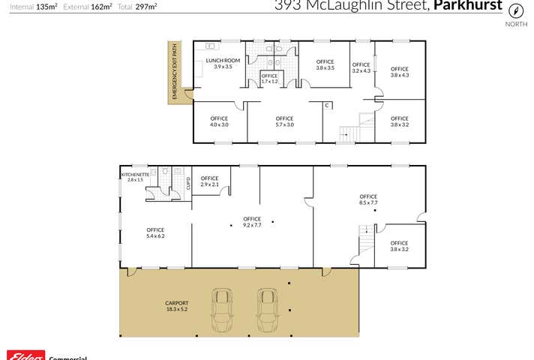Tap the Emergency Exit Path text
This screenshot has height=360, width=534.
tap(175, 72)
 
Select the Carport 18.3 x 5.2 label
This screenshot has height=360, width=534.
tap(176, 307)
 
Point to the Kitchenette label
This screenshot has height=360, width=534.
tap(135, 177)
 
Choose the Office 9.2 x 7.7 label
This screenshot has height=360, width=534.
tap(252, 221)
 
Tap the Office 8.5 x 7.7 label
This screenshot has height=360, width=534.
tap(367, 199)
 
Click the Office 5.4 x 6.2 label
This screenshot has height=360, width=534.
tap(155, 232)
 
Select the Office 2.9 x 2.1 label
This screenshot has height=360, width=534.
tap(209, 181)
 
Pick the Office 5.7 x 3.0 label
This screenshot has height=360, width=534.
tap(284, 121)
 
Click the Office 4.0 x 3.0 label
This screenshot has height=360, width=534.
tap(219, 121)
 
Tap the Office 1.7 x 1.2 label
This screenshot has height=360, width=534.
tap(269, 78)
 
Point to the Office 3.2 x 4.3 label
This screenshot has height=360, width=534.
tap(361, 67)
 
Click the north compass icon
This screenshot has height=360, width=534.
tap(516, 10)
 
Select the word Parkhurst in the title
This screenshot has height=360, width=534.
tap(469, 6)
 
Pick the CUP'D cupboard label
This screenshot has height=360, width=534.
tap(187, 183)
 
